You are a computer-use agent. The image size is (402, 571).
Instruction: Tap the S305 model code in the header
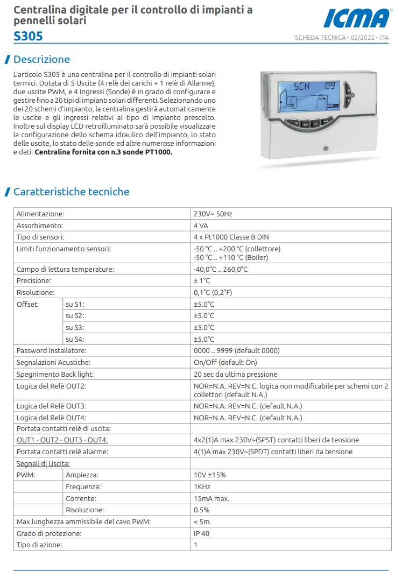click(x=28, y=36)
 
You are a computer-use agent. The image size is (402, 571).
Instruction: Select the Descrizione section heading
click(x=41, y=59)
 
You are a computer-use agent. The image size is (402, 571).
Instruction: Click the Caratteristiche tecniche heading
click(x=71, y=192)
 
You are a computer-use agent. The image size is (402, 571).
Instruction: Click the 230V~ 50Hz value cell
click(x=213, y=214)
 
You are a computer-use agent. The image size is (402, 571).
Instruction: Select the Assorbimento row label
click(x=40, y=225)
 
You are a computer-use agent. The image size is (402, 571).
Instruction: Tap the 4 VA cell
click(x=201, y=225)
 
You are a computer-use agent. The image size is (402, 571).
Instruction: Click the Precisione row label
click(x=34, y=281)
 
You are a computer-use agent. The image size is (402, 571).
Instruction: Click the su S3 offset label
click(x=75, y=327)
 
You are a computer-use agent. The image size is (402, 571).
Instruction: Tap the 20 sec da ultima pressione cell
click(x=236, y=374)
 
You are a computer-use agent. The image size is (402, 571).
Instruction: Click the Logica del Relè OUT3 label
click(x=52, y=406)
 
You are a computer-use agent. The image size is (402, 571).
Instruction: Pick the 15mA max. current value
click(x=211, y=498)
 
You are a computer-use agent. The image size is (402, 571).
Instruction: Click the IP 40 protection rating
click(x=202, y=533)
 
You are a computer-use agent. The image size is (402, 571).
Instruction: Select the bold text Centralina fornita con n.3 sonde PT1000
click(x=104, y=152)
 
